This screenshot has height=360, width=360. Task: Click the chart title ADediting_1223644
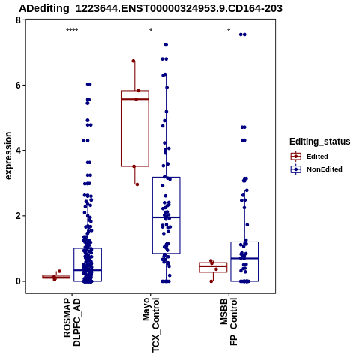pyautogui.click(x=151, y=8)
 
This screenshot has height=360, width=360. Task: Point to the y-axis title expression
pyautogui.click(x=8, y=156)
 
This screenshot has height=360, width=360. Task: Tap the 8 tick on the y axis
pyautogui.click(x=19, y=19)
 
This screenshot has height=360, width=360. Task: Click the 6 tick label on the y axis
pyautogui.click(x=19, y=85)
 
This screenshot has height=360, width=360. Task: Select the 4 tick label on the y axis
pyautogui.click(x=19, y=151)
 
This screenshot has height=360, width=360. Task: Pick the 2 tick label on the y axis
pyautogui.click(x=19, y=216)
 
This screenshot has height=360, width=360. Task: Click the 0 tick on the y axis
pyautogui.click(x=19, y=281)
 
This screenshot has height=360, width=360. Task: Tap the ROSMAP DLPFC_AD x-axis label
pyautogui.click(x=72, y=322)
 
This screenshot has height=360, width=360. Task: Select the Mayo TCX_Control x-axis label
pyautogui.click(x=151, y=325)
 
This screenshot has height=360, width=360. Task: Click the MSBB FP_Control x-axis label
pyautogui.click(x=229, y=322)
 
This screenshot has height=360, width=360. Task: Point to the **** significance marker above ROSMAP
pyautogui.click(x=72, y=31)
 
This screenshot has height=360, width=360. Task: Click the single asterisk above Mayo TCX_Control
pyautogui.click(x=151, y=31)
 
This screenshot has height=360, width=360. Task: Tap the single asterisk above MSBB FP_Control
pyautogui.click(x=229, y=31)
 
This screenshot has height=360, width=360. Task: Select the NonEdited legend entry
pyautogui.click(x=316, y=169)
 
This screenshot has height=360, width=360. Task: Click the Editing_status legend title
pyautogui.click(x=320, y=142)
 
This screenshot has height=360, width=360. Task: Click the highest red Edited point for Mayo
pyautogui.click(x=133, y=61)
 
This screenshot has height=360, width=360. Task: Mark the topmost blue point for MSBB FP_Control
pyautogui.click(x=243, y=34)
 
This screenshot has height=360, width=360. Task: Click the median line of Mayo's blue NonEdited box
pyautogui.click(x=166, y=217)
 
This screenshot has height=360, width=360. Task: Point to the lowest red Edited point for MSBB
pyautogui.click(x=211, y=281)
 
